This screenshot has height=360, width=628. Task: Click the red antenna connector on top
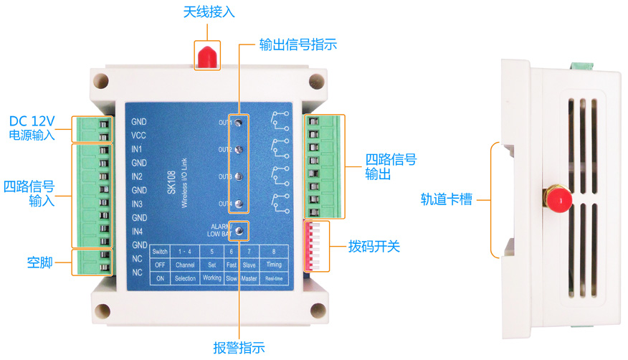point(206,57)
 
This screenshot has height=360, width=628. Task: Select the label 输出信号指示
point(298,44)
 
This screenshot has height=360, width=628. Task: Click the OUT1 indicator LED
point(239,123)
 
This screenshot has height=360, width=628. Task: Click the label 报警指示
point(239,349)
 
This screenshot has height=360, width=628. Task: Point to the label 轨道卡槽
point(447,199)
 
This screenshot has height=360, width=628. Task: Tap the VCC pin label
point(139,136)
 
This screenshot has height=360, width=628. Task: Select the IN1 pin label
point(137,149)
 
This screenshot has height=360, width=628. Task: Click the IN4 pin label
point(137,232)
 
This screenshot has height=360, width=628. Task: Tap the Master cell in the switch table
point(249,278)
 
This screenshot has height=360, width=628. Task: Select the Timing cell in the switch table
point(274,265)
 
